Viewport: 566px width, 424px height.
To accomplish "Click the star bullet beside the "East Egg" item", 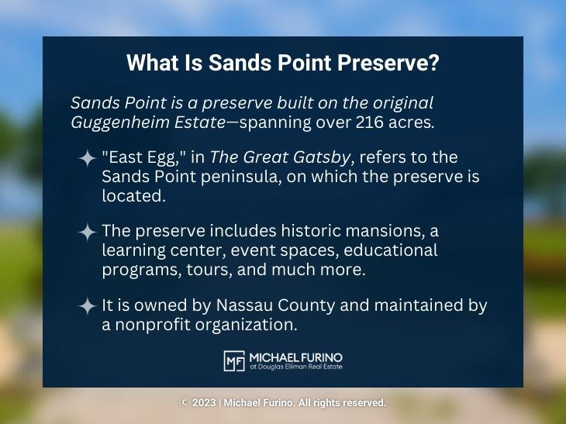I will [x=87, y=159].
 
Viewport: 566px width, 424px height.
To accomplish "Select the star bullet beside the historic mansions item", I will [x=87, y=232].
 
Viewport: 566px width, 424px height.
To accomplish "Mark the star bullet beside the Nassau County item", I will [x=87, y=306].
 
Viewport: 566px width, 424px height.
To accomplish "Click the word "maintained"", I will [x=413, y=306].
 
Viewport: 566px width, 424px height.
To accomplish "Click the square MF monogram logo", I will [x=233, y=360].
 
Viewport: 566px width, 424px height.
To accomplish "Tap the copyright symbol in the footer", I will [x=184, y=403].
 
